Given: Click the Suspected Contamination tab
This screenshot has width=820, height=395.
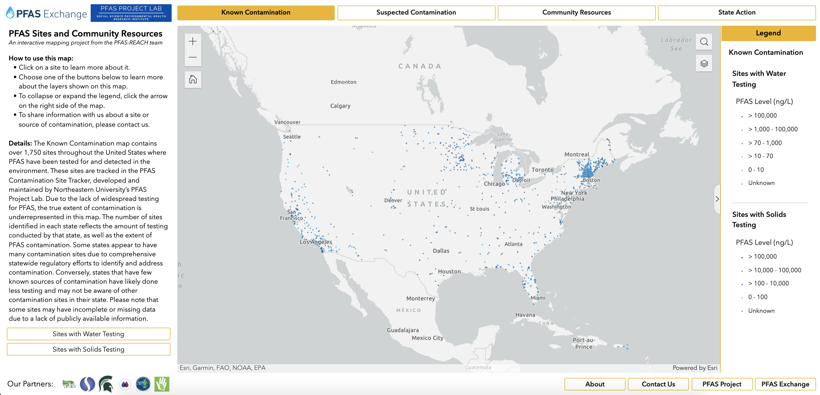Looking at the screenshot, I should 416,13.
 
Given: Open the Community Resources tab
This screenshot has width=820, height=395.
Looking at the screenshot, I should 576,13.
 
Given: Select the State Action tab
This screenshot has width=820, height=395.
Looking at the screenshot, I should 736,13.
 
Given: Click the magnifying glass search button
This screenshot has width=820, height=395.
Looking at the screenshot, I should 704,42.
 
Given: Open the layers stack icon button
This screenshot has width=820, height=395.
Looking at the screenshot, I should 704,63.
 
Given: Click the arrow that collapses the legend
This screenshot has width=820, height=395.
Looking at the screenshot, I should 717,199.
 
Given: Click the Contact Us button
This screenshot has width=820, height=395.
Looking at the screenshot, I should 658,384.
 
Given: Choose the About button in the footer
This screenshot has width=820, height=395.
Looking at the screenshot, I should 595,384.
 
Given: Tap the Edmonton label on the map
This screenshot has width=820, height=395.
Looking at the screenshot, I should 344,82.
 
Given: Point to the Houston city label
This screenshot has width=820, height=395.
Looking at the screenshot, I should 449,271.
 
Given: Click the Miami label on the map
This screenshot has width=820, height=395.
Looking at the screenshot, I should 538,298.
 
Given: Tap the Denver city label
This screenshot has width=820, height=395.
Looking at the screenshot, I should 393,200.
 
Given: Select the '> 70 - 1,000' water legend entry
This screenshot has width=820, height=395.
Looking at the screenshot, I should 765,143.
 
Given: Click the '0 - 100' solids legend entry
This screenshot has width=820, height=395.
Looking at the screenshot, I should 758,297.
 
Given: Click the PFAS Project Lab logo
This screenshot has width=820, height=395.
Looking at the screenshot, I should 131,13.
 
